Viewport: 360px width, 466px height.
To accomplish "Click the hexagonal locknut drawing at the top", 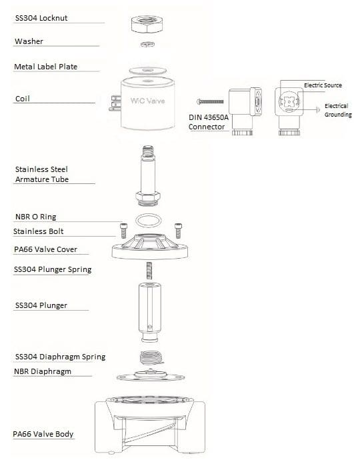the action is point(147,24).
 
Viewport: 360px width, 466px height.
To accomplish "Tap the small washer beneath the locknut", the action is point(147,44).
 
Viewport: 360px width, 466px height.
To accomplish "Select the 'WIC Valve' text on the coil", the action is point(147,101).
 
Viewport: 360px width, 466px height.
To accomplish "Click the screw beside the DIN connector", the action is point(210,101).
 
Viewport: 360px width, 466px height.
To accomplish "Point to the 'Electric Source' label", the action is point(323,85).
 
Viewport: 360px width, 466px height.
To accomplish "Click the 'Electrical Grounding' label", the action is point(338,110).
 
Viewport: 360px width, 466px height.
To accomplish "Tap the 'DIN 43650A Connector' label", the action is point(209,122).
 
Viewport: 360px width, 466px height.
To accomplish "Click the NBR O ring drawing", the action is point(149,221).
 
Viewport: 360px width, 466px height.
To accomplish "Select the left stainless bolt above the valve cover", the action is point(123,231).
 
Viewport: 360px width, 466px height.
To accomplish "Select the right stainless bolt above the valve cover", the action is point(178,231).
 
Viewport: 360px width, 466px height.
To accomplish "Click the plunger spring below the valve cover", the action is point(149,271).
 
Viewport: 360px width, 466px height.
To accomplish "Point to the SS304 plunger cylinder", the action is point(149,312).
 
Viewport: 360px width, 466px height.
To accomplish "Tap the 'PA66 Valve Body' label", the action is point(43,434).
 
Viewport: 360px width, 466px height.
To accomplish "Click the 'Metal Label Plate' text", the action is point(46,67).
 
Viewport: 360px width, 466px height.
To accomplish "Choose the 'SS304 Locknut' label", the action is point(41,18).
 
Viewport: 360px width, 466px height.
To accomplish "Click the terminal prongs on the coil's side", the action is point(115,103).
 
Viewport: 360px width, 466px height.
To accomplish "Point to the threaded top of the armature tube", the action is point(148,152).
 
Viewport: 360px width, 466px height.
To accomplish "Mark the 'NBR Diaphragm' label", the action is point(43,371).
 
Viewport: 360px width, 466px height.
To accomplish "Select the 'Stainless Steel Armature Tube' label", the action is point(42,175).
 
